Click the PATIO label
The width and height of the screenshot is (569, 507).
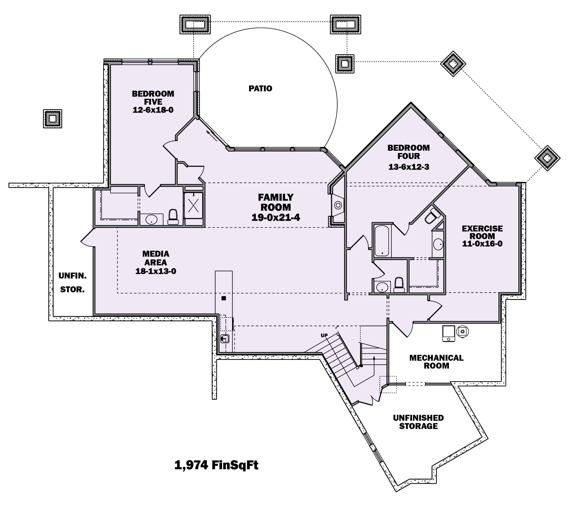pyautogui.click(x=260, y=89)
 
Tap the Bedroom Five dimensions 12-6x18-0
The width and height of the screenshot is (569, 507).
pyautogui.click(x=153, y=110)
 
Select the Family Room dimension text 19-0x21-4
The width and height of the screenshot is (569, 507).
pyautogui.click(x=276, y=217)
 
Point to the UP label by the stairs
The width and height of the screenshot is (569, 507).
pyautogui.click(x=324, y=335)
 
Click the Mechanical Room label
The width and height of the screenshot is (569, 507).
pyautogui.click(x=436, y=362)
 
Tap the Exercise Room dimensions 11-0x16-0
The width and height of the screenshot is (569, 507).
pyautogui.click(x=482, y=244)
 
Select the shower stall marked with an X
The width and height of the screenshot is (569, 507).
pyautogui.click(x=194, y=206)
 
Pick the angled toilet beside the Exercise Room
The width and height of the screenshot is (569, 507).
pyautogui.click(x=432, y=216)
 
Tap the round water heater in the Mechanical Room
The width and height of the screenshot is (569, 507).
pyautogui.click(x=462, y=331)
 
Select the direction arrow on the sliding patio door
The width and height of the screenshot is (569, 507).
pyautogui.click(x=212, y=136)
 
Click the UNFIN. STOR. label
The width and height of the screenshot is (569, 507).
pyautogui.click(x=72, y=283)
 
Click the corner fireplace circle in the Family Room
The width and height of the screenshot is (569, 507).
pyautogui.click(x=338, y=205)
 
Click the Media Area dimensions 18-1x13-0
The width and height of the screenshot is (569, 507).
pyautogui.click(x=156, y=271)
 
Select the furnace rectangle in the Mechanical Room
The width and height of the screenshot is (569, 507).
pyautogui.click(x=449, y=333)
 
